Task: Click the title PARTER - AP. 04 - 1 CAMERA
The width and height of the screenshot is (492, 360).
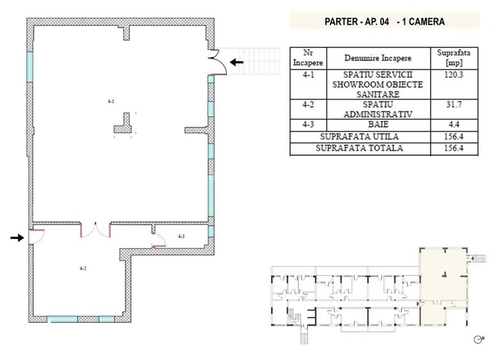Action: (385, 22)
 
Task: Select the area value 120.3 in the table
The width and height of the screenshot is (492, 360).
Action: (454, 75)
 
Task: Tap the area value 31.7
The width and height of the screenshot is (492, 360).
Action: (454, 104)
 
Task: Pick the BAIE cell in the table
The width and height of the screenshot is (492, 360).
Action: (378, 125)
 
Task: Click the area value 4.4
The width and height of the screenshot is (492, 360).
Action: (454, 125)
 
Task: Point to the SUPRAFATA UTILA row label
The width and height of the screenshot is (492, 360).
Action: (359, 137)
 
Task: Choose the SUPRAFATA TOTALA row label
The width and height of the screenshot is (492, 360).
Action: (359, 148)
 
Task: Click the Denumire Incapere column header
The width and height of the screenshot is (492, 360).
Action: (378, 58)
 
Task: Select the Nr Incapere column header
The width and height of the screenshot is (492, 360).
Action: (308, 58)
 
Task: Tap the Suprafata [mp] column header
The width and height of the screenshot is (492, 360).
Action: (454, 58)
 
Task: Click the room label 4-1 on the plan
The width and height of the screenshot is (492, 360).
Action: (111, 102)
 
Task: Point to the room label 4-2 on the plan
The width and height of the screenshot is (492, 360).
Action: (83, 269)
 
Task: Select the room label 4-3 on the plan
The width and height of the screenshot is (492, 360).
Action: (181, 237)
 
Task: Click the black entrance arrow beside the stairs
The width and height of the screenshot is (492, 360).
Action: (236, 62)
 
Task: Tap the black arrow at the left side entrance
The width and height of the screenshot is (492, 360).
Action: (17, 238)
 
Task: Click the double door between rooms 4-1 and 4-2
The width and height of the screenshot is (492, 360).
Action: (95, 230)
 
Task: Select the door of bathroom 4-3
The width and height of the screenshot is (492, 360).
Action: (158, 241)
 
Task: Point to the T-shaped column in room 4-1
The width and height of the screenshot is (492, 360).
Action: (123, 123)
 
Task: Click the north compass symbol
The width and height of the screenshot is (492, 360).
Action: (479, 340)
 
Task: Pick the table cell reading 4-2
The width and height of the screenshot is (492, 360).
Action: (308, 104)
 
